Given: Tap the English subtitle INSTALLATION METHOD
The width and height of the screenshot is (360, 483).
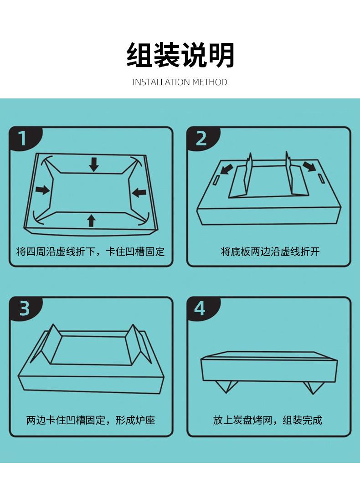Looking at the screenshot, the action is point(180,82).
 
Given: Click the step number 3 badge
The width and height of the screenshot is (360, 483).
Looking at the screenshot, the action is point(25,308).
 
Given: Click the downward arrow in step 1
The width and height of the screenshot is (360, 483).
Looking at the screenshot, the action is point(94,164).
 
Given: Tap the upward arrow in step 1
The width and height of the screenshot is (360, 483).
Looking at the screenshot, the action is point(91,221).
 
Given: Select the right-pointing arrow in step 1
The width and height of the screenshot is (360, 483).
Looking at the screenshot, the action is point(42,190).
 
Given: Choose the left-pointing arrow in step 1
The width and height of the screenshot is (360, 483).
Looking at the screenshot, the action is point(139,193).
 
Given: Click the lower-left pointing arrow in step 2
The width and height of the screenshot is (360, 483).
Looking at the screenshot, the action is point(226,169).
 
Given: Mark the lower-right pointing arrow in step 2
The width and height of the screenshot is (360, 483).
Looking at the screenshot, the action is point(309,166).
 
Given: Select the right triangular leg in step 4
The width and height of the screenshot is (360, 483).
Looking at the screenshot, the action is point(313,387).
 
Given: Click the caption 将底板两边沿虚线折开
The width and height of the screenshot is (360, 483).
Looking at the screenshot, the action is point(270,252).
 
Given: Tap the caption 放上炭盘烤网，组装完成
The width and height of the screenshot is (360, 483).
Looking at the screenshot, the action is point(267,420).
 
